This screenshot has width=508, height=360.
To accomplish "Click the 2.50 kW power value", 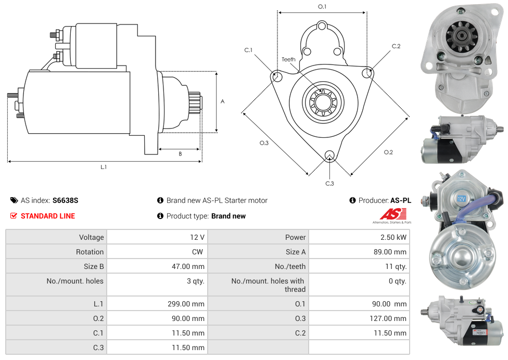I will point(395,237).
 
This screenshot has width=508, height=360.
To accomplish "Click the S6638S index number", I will point(65,200).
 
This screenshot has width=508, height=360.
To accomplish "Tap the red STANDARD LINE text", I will point(48,216).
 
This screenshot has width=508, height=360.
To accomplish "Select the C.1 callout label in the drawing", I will point(248,50).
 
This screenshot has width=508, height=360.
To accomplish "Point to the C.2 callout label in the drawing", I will point(396,46).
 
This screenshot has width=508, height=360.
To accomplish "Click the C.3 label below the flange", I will point(329,183).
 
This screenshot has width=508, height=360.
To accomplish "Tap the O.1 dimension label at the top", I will point(322,7).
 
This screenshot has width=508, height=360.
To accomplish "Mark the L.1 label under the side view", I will point(104,167).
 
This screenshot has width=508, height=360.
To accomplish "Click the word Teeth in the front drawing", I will point(288,59).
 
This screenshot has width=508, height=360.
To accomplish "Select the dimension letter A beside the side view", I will point(223,101).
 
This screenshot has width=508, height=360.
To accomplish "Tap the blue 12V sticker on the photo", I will point(461,199).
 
